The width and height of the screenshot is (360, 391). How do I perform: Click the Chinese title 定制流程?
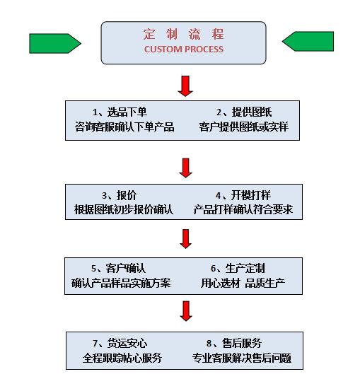(x=184, y=34)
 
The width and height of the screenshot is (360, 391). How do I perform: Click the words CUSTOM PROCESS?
(x=184, y=49)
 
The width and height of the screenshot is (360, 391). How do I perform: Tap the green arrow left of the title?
(x=55, y=43)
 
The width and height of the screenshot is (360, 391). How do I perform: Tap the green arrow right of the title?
(x=308, y=42)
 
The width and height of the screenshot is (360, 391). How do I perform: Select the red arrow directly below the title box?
(x=185, y=86)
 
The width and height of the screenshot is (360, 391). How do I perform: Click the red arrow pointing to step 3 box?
(x=186, y=168)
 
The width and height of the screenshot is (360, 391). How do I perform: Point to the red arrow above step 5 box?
(x=186, y=239)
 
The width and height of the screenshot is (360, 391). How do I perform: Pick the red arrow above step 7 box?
(x=186, y=311)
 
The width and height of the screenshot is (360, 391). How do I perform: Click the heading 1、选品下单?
(x=120, y=112)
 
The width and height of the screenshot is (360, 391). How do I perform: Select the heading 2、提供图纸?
(x=244, y=112)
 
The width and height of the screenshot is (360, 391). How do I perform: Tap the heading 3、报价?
(x=119, y=195)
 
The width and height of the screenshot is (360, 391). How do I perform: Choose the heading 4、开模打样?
(x=243, y=195)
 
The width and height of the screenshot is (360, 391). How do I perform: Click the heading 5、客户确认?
(x=118, y=268)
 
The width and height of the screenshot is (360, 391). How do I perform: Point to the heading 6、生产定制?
(x=238, y=268)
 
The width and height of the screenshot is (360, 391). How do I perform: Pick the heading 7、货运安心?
(x=120, y=343)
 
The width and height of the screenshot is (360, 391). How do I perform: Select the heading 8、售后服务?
(x=234, y=343)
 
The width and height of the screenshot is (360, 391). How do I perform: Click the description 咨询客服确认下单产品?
(x=124, y=127)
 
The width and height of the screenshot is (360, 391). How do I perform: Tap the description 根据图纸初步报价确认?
(x=124, y=209)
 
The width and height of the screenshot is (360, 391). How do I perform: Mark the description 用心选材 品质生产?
(x=243, y=283)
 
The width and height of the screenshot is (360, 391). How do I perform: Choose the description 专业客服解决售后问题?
(x=241, y=358)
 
